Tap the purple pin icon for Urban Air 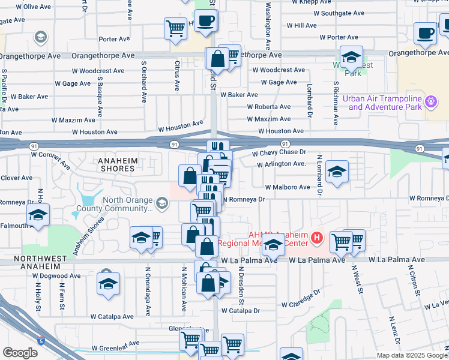430,103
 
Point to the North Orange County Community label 127,205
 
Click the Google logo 20,353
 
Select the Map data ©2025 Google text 411,355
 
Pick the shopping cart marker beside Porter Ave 175,28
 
